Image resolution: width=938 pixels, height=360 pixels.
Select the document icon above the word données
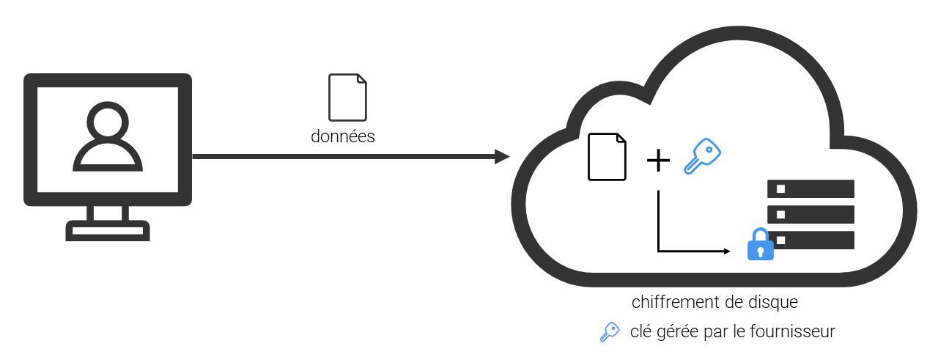347,97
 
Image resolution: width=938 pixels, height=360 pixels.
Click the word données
343,136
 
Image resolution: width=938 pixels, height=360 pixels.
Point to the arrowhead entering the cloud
502,156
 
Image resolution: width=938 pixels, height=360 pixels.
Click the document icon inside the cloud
608,156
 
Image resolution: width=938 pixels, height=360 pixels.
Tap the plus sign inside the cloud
658,161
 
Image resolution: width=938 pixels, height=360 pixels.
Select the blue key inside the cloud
701,157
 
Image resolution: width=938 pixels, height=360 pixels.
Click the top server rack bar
810,188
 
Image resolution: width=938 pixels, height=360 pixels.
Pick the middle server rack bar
810,214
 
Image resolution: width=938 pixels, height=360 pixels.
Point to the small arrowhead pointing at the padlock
727,251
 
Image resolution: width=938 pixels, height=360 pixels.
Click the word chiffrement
668,302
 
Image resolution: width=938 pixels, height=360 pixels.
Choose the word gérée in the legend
676,332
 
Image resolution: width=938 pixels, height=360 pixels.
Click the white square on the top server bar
781,188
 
